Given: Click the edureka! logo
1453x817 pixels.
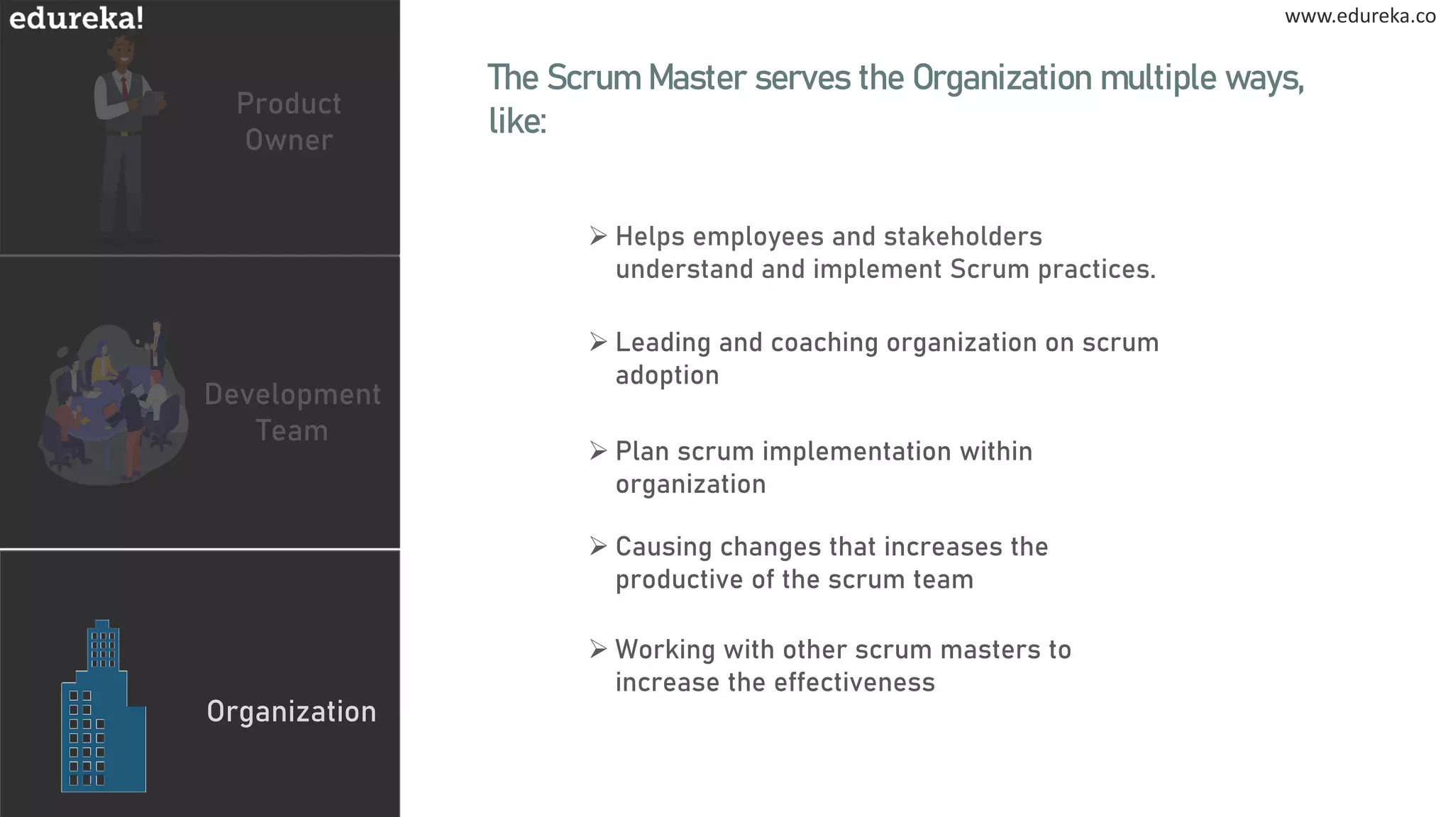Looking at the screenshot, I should click(77, 18).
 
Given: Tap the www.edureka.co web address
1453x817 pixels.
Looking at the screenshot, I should click(1360, 16).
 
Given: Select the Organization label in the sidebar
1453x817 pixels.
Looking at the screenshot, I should click(292, 711).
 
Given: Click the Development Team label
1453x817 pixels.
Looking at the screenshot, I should click(292, 412).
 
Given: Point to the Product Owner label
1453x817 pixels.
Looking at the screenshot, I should click(289, 121).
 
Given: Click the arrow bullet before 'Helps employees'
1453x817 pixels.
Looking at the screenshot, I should click(598, 235).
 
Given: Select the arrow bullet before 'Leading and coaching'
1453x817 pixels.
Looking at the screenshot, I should click(598, 342).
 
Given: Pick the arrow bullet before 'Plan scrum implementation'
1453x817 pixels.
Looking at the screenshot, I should click(598, 450).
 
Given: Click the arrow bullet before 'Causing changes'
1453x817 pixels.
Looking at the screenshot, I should click(598, 546).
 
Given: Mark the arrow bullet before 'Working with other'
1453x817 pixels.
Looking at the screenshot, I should click(598, 649).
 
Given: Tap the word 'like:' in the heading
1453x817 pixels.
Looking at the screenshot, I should click(517, 121).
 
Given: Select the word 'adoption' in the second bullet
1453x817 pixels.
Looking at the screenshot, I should click(667, 375).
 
